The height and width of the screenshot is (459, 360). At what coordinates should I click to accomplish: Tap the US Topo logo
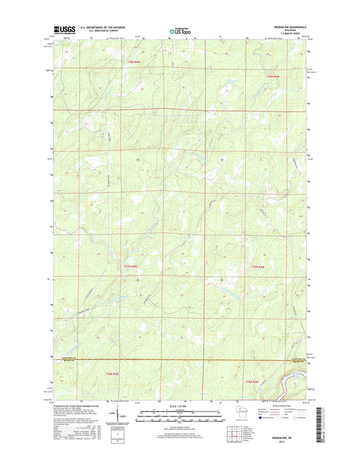pos(179,30)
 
